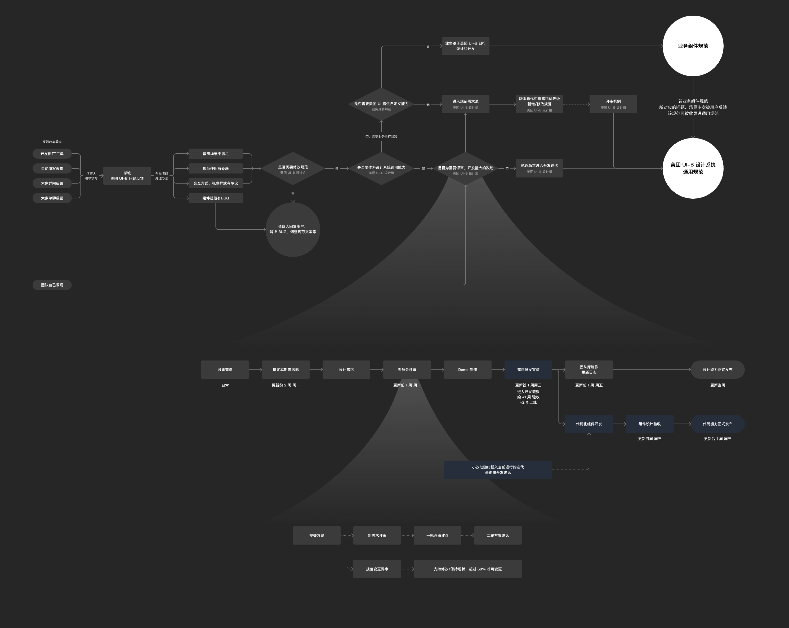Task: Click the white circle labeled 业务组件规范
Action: click(693, 46)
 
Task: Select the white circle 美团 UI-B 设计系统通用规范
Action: click(693, 168)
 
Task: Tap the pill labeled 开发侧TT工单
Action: click(52, 154)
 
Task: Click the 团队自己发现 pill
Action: click(52, 285)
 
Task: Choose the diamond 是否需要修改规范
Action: click(293, 169)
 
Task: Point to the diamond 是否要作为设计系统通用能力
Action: click(381, 169)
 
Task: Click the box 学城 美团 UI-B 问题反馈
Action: click(127, 176)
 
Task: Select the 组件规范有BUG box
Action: click(216, 198)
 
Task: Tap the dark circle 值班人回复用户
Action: click(293, 229)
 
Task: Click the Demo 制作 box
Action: click(467, 370)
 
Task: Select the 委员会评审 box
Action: click(407, 370)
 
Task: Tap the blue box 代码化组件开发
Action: click(589, 424)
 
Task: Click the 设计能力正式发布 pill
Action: click(717, 370)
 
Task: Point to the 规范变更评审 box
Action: click(377, 569)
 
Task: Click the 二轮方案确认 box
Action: click(498, 535)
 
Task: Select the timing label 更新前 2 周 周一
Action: click(286, 385)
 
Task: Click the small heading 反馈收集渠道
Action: click(52, 142)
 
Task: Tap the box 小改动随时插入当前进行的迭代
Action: click(498, 470)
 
